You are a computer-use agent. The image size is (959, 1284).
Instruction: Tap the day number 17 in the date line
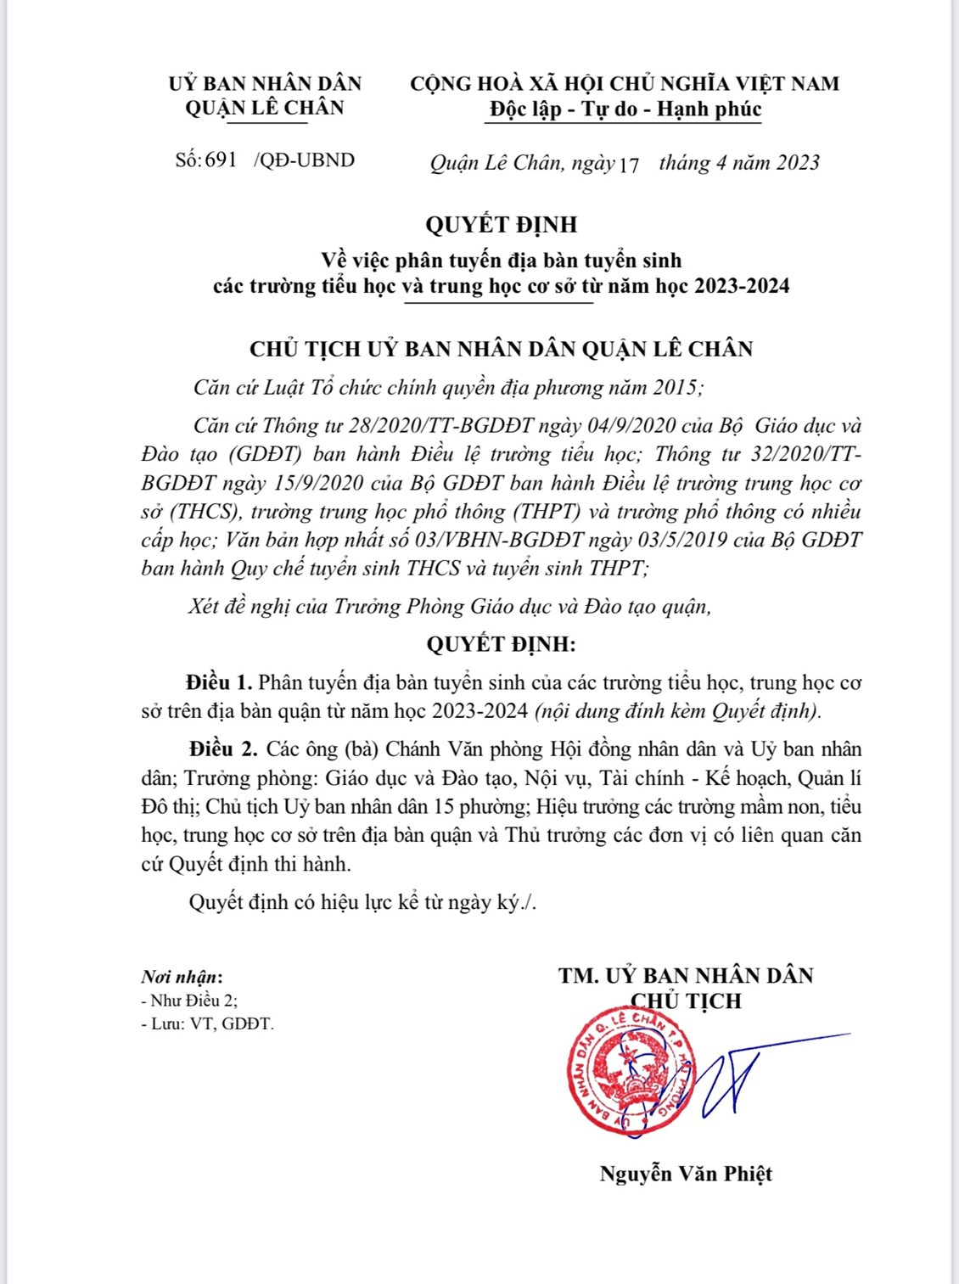(x=628, y=164)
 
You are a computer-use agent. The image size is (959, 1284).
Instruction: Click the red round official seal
(x=628, y=1071)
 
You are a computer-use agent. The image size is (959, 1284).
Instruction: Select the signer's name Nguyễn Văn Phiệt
(x=686, y=1174)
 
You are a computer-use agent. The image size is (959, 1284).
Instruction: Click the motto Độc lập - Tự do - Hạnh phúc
(x=625, y=109)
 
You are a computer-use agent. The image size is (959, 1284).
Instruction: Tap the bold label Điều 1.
(x=219, y=682)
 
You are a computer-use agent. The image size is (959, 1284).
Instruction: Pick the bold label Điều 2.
(x=222, y=749)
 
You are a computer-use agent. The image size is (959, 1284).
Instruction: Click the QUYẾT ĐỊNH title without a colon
(x=501, y=225)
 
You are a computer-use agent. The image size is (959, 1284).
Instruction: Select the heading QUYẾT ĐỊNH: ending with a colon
(x=501, y=644)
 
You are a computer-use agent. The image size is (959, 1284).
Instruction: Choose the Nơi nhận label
(x=182, y=977)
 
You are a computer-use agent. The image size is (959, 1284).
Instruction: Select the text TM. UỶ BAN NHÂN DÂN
(x=686, y=976)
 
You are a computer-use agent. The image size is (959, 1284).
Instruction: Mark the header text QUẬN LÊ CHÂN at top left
(x=265, y=108)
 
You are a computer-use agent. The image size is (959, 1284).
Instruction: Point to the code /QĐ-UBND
(x=304, y=160)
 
